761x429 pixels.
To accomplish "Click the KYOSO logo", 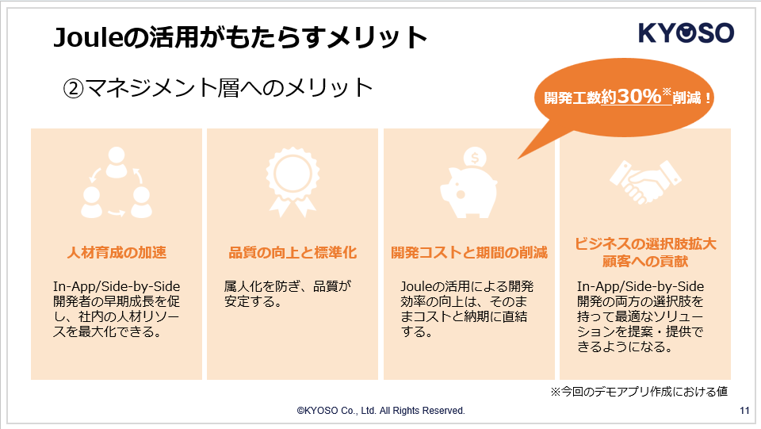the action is point(686,33).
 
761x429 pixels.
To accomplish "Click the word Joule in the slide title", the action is point(88,37).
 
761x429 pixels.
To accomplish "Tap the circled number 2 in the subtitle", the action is point(73,88).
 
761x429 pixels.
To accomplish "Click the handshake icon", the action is point(645,182).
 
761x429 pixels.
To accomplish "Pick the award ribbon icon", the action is point(293,182).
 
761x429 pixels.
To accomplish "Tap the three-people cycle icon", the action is point(117,182).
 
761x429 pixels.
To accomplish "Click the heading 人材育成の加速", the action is point(117,252).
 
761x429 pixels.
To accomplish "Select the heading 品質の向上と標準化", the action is point(293,252).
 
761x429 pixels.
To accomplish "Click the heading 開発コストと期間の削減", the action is point(468,252).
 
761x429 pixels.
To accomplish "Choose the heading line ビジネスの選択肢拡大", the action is point(645,243).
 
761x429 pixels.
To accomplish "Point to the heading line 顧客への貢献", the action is point(645,262).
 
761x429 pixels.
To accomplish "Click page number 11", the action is point(744,411).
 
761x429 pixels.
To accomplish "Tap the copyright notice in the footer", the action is point(381,411).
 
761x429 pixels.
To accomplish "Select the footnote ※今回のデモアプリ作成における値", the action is point(639,391).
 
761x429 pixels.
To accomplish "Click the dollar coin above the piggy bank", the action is point(475,158).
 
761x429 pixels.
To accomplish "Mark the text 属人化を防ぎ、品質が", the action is point(287,286).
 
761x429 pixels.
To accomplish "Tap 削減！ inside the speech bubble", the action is point(692,98).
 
